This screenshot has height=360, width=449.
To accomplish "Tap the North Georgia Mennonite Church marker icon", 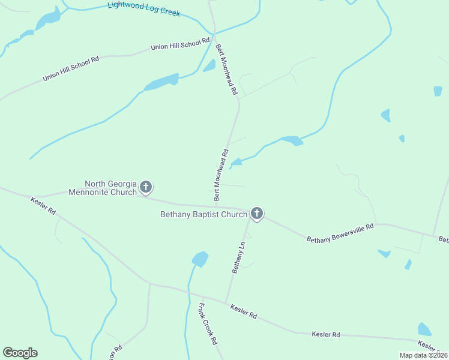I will click(x=145, y=188).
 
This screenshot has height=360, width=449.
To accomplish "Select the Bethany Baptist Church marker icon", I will click(x=257, y=214).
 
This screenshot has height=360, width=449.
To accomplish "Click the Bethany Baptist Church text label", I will click(x=203, y=214).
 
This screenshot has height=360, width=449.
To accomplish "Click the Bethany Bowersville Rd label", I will click(x=340, y=232).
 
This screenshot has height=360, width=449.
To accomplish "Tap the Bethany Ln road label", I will click(x=239, y=257).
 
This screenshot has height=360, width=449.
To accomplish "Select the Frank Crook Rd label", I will click(x=208, y=324).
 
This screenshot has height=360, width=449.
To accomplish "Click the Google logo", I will click(x=20, y=353).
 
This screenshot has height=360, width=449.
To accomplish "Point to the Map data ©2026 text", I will click(x=423, y=355).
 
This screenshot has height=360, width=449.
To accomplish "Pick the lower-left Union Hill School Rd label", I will click(x=70, y=69).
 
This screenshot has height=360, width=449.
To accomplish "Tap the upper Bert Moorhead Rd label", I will click(x=227, y=69).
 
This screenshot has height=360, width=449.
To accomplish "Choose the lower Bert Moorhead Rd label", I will click(x=221, y=174).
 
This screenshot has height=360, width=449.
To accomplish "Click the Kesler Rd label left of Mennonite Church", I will click(x=43, y=205).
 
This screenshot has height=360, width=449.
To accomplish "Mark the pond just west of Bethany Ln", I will click(x=200, y=259).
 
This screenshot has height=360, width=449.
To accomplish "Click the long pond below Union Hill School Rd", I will click(x=161, y=82).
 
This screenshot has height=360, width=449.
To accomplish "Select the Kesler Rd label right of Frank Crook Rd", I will click(x=244, y=311).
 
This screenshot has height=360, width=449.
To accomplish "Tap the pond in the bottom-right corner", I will click(x=424, y=329).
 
